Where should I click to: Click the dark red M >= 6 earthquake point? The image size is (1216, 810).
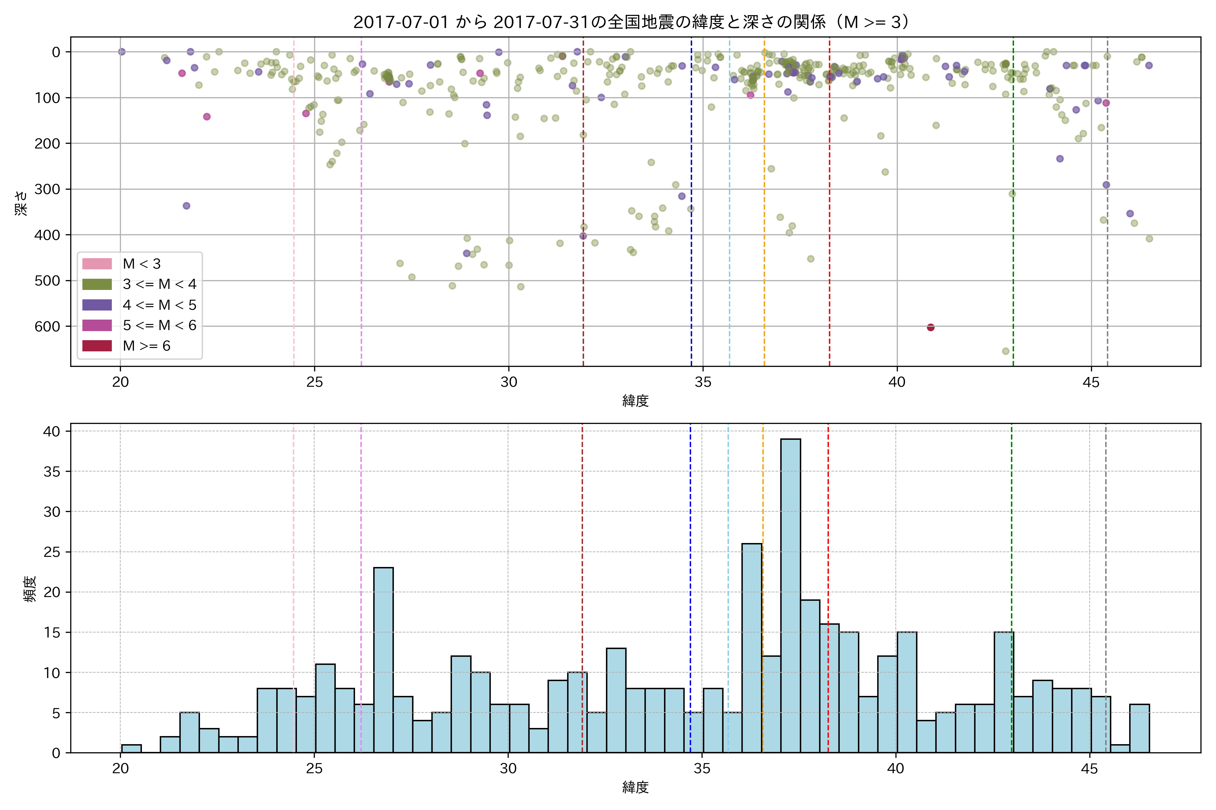[931, 327]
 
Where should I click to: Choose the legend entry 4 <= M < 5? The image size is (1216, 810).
[159, 305]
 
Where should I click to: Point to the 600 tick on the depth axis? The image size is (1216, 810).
[48, 326]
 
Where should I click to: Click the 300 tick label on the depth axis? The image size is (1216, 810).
[48, 189]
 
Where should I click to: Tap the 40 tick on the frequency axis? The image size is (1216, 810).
[52, 431]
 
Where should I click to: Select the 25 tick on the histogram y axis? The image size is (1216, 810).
[52, 552]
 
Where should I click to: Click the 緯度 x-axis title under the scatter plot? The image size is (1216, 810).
[635, 400]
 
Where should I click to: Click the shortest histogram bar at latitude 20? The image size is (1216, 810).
[131, 749]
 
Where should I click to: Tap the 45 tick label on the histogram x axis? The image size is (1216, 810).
[1089, 769]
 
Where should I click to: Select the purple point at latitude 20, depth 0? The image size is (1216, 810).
[122, 52]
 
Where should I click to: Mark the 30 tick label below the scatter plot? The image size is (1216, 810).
[509, 382]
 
